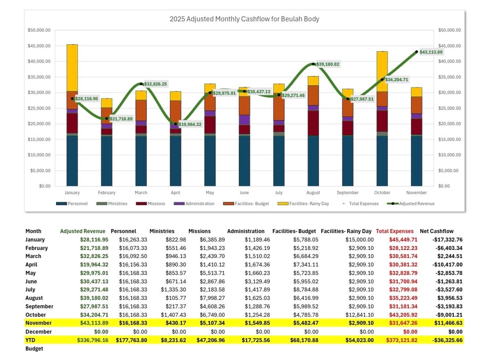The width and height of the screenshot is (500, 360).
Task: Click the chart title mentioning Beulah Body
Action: pyautogui.click(x=244, y=19)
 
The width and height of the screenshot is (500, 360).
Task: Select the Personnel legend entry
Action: pyautogui.click(x=72, y=204)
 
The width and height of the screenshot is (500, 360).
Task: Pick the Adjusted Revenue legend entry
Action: pyautogui.click(x=411, y=204)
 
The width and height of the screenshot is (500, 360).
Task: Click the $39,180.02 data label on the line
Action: pyautogui.click(x=327, y=64)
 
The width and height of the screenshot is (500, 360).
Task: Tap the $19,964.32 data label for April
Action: pyautogui.click(x=190, y=124)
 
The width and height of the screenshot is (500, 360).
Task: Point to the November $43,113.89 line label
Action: pyautogui.click(x=431, y=52)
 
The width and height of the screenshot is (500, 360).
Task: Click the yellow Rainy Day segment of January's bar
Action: pyautogui.click(x=72, y=68)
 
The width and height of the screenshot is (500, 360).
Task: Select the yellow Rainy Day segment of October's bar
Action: pyautogui.click(x=382, y=72)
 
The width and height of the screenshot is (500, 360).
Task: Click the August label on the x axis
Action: pyautogui.click(x=313, y=193)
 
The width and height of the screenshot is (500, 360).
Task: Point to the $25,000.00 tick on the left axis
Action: pyautogui.click(x=39, y=108)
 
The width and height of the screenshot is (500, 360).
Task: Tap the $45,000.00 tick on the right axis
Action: pyautogui.click(x=449, y=46)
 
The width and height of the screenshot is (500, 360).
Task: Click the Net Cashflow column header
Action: pyautogui.click(x=436, y=231)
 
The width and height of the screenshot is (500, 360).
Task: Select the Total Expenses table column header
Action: pyautogui.click(x=395, y=231)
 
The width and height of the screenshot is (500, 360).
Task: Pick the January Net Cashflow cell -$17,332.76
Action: pyautogui.click(x=447, y=240)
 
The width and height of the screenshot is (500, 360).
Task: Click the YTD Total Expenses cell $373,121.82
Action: pyautogui.click(x=402, y=340)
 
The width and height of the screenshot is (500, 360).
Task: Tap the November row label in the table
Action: pyautogui.click(x=39, y=323)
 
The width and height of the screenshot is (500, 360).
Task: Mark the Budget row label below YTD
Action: pyautogui.click(x=34, y=349)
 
